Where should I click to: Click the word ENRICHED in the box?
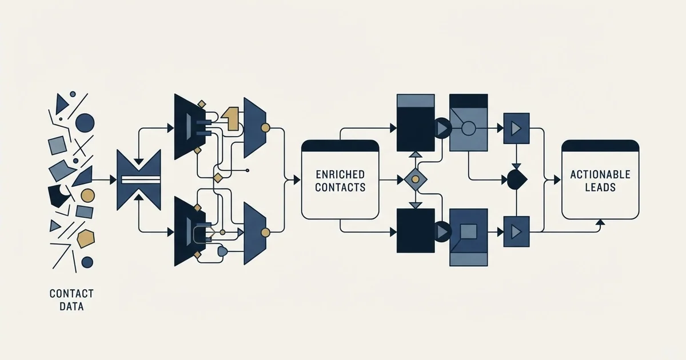[x=340, y=174]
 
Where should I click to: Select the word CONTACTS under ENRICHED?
[x=340, y=187]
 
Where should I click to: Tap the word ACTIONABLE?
[x=600, y=174]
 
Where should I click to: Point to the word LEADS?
[x=600, y=187]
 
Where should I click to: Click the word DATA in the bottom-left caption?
[x=71, y=306]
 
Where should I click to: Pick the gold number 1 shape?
[x=230, y=119]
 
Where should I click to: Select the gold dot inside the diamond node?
[x=415, y=179]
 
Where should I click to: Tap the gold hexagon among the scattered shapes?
[x=86, y=238]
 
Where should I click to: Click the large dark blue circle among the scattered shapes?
[x=85, y=123]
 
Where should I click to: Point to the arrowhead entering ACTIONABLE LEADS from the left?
[x=557, y=179]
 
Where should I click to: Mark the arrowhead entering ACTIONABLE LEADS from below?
[x=601, y=222]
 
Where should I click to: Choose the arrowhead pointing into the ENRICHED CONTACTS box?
[x=297, y=179]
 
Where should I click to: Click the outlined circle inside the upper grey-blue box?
[x=468, y=128]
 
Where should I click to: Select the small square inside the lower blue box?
[x=469, y=231]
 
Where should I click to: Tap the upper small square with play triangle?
[x=516, y=128]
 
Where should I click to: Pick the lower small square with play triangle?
[x=516, y=232]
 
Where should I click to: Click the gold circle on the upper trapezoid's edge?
[x=265, y=127]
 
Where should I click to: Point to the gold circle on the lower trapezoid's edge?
[x=265, y=233]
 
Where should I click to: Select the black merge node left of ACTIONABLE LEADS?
[x=517, y=179]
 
